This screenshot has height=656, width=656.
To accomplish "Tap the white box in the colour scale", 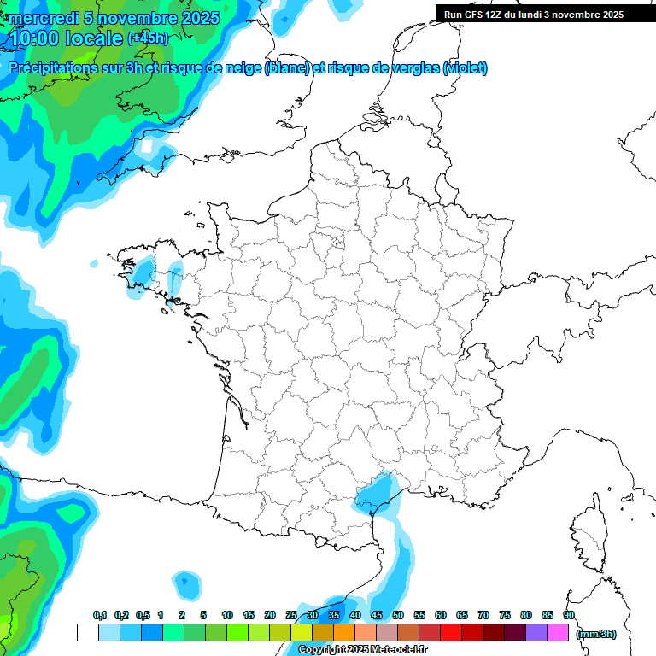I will tap(87, 633).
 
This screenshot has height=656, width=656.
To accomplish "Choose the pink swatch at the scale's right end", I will tap(558, 633).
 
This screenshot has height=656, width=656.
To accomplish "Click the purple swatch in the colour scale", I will tap(536, 633).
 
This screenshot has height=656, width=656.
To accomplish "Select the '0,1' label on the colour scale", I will tap(100, 616).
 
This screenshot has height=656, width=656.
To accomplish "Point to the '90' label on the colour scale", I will tap(569, 616).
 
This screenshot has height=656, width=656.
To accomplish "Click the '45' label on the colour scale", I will tap(377, 616).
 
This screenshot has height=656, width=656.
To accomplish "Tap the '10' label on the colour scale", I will tap(227, 616).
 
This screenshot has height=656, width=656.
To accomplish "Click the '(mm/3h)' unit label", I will tap(595, 634).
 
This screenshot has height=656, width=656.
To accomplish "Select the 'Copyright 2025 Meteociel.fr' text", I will tap(363, 650).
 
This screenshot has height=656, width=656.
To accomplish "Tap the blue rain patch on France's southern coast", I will tap(375, 495).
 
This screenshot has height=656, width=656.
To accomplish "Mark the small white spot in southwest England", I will tap(148, 147).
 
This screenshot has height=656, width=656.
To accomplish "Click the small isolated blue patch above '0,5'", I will tap(184, 584).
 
